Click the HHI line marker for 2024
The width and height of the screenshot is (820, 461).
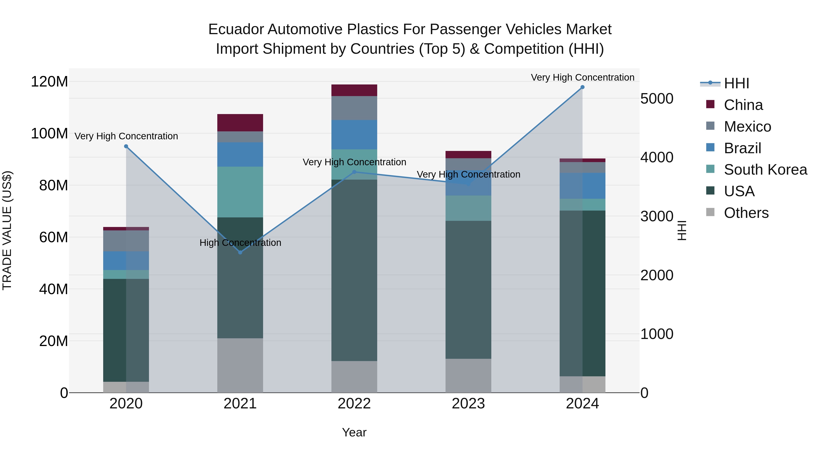click(582, 87)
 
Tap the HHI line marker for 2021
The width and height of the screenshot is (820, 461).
click(240, 252)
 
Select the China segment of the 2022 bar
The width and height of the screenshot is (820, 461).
click(354, 90)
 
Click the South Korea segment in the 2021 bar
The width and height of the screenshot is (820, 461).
click(240, 192)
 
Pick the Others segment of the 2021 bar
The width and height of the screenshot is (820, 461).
click(240, 365)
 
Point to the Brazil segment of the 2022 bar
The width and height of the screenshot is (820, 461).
click(354, 135)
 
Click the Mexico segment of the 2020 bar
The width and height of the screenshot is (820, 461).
click(126, 241)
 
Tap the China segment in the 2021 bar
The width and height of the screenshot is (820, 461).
click(240, 123)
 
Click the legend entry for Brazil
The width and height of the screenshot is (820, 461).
click(742, 148)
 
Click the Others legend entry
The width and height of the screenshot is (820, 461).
click(746, 213)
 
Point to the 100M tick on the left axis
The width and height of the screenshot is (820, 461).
click(49, 134)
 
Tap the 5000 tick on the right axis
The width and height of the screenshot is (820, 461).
click(657, 99)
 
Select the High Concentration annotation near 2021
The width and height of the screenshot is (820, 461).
click(240, 243)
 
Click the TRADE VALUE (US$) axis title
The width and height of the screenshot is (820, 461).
click(7, 230)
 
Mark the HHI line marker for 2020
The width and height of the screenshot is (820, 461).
click(126, 146)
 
